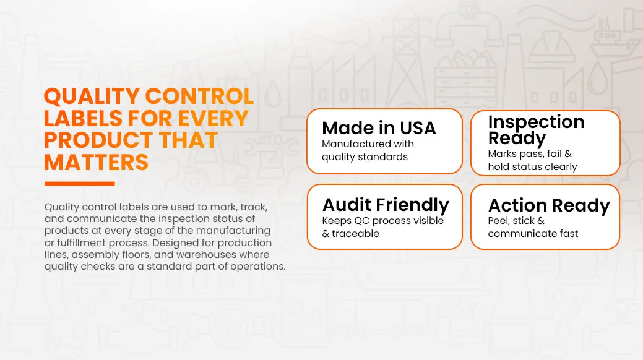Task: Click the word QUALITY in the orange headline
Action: click(92, 96)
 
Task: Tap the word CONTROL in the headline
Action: click(200, 96)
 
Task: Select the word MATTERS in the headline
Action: click(96, 162)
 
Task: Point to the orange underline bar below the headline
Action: click(80, 184)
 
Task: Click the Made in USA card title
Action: click(379, 128)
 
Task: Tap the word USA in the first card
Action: click(418, 128)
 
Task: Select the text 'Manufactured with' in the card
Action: click(368, 144)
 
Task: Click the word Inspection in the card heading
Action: click(536, 122)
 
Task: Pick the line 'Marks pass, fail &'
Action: click(529, 154)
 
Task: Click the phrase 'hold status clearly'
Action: click(532, 167)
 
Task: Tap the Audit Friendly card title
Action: click(386, 205)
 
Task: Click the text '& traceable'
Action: click(351, 233)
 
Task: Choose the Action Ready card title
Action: click(549, 205)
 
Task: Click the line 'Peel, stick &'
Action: click(516, 221)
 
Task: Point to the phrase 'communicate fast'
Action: click(533, 233)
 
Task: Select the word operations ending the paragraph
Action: click(257, 267)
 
